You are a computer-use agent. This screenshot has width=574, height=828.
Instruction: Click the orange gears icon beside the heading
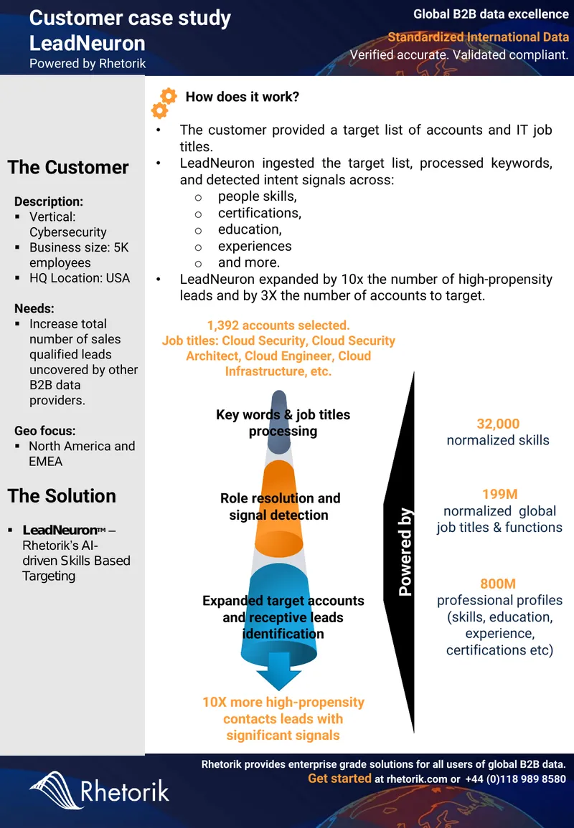(164, 103)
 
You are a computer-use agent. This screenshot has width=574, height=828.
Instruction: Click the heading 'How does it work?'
(242, 97)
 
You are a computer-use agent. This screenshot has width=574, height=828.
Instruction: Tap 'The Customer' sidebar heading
(68, 168)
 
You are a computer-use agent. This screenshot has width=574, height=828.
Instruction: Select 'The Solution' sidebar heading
(62, 496)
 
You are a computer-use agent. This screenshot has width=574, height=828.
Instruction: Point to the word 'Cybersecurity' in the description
(67, 232)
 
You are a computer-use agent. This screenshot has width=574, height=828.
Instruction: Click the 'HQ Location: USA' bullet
(79, 277)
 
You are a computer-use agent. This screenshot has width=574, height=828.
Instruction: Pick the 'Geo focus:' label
(45, 430)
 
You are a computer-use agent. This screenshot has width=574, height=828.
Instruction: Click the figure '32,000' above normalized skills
(498, 424)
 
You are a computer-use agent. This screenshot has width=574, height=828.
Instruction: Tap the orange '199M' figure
(499, 494)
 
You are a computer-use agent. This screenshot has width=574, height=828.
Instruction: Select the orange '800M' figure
(498, 584)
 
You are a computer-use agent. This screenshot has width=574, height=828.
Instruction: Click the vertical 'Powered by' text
(405, 552)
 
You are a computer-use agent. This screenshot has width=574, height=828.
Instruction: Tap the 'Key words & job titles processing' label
(283, 422)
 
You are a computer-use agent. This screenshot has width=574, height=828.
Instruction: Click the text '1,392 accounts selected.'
(278, 325)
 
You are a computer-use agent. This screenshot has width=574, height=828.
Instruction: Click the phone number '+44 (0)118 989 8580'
(515, 779)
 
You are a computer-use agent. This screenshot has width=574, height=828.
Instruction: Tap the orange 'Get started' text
(339, 779)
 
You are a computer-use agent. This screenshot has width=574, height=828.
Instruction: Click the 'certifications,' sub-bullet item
(260, 213)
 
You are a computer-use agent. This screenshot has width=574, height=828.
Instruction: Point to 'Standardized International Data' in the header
(479, 37)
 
